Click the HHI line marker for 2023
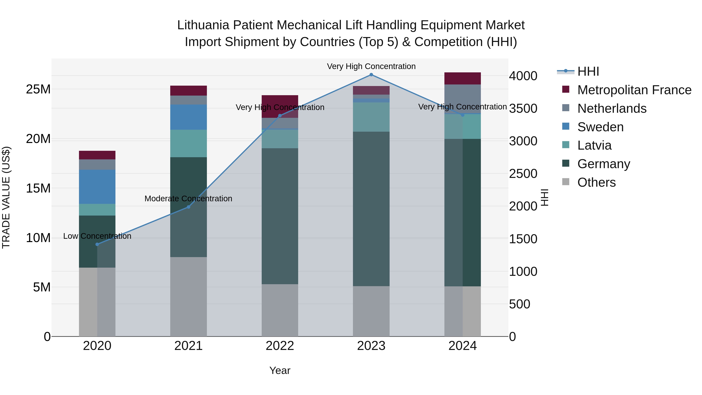(x=371, y=75)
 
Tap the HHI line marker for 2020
(x=97, y=244)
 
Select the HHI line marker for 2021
(x=188, y=207)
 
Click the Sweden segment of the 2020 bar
(x=97, y=187)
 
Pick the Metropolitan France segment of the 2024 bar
(x=463, y=78)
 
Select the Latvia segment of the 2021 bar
(x=188, y=143)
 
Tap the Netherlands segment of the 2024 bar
(x=463, y=99)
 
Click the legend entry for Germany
(x=603, y=164)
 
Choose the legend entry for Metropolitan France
(x=634, y=90)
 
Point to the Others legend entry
(x=596, y=182)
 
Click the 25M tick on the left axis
(x=38, y=89)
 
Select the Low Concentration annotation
(x=97, y=236)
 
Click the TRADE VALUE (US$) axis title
(x=6, y=197)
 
